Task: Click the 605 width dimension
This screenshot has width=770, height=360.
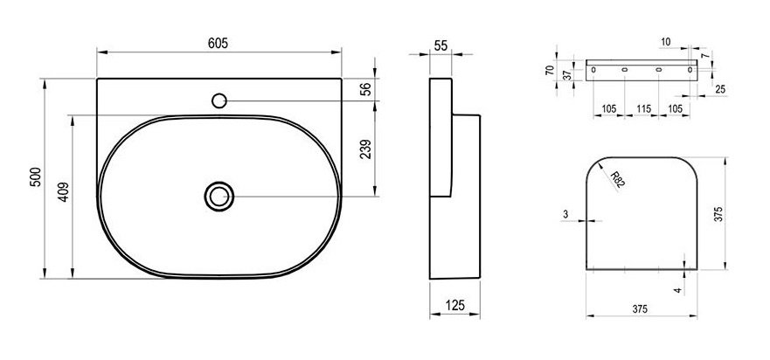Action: pyautogui.click(x=218, y=43)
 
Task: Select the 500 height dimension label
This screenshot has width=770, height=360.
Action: pyautogui.click(x=36, y=177)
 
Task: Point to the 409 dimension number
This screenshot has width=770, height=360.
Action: pyautogui.click(x=63, y=192)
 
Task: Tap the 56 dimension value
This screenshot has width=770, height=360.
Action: pyautogui.click(x=366, y=89)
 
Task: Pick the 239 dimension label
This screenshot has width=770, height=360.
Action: pyautogui.click(x=366, y=149)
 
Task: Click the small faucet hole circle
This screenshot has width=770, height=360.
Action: pyautogui.click(x=219, y=100)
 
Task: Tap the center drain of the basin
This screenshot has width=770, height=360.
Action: pyautogui.click(x=219, y=197)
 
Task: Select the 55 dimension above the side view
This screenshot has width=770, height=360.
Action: pyautogui.click(x=440, y=45)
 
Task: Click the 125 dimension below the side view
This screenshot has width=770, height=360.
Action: pyautogui.click(x=454, y=306)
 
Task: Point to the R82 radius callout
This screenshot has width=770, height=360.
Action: pyautogui.click(x=618, y=180)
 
